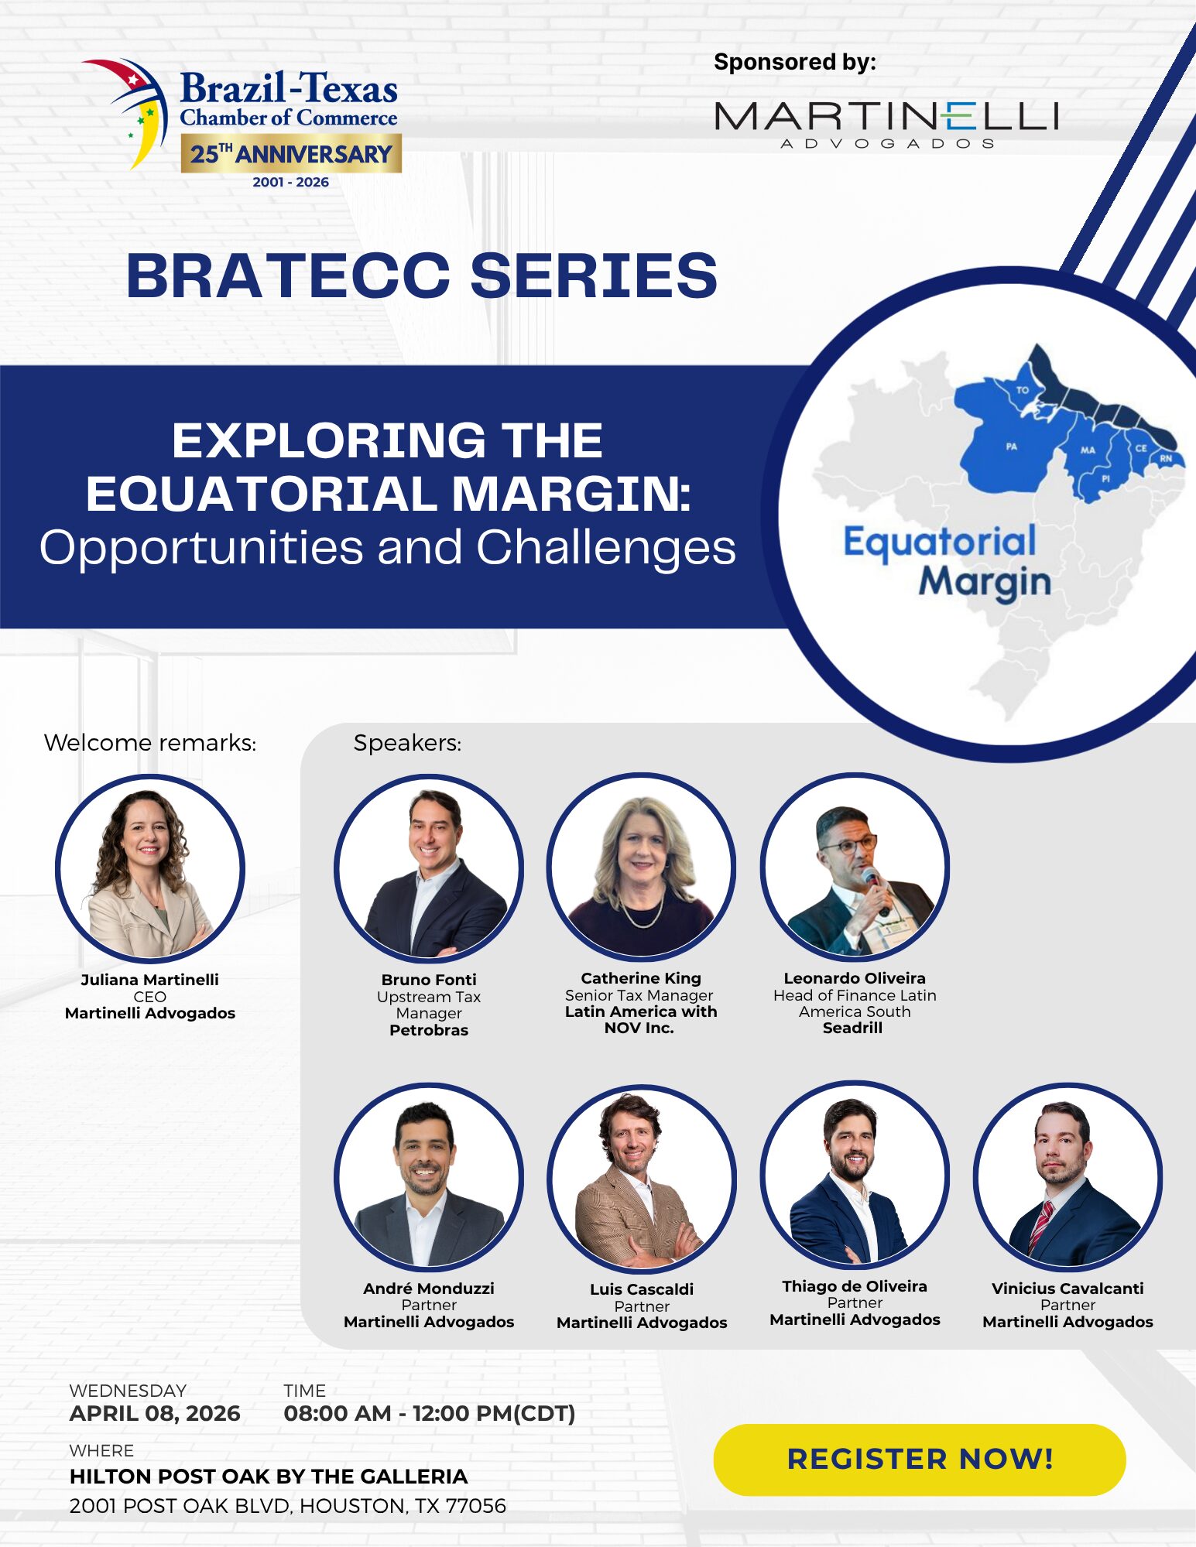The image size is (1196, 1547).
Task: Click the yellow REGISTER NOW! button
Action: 919,1460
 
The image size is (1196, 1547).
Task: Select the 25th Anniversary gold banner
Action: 291,153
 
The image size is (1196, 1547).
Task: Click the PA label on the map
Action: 1011,447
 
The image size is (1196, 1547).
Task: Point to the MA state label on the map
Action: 1088,450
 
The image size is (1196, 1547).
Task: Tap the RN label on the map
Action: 1166,458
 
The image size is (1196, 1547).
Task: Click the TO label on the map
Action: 1023,390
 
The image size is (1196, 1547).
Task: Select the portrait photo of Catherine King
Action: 641,868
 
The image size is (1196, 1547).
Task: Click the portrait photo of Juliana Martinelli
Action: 150,869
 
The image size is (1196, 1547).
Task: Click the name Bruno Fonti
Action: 429,980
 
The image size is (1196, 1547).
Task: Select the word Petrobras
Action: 429,1030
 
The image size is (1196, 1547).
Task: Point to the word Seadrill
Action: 852,1028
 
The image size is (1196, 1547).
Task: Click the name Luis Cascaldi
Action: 642,1289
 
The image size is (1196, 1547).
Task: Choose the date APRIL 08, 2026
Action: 155,1414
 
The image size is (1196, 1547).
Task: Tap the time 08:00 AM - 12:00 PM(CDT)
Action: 430,1414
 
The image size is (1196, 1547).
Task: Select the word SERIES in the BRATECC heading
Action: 594,276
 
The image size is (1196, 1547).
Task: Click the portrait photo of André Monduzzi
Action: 429,1177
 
